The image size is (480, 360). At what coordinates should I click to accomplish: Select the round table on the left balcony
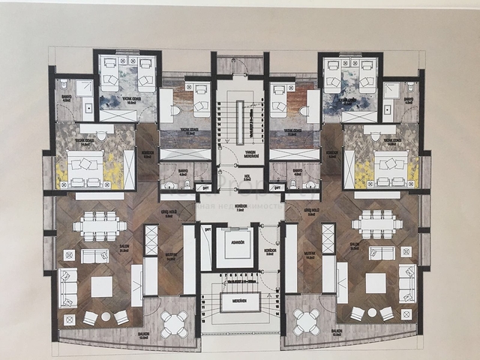coord(175,323)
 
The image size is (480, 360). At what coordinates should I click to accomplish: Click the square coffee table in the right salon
coord(376,283)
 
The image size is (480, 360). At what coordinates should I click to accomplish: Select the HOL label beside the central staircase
coord(247,178)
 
